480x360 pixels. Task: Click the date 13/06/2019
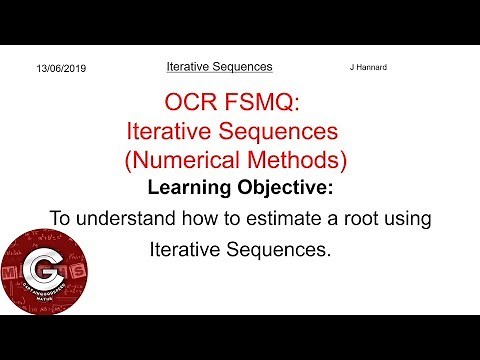[x=61, y=68]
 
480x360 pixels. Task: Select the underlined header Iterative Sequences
[x=219, y=67]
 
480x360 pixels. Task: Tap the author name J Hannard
[x=367, y=67]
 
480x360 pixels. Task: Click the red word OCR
[x=191, y=102]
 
